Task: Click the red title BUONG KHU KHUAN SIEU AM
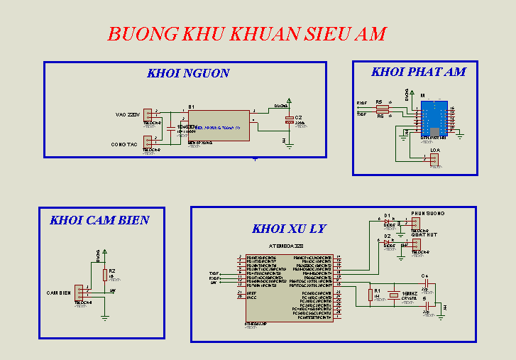point(247,33)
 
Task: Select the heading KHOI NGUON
point(188,73)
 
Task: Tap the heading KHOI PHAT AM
point(419,72)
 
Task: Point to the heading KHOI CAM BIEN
point(99,220)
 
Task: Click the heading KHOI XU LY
point(289,229)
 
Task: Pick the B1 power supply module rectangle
point(218,126)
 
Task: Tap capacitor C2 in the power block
point(289,121)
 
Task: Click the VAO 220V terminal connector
point(148,114)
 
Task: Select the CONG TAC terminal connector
point(148,142)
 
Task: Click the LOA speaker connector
point(434,160)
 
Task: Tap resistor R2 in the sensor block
point(105,275)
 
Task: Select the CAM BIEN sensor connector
point(83,293)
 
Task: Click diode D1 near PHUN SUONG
point(388,222)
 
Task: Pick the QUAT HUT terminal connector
point(417,245)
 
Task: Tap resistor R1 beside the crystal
point(370,294)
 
